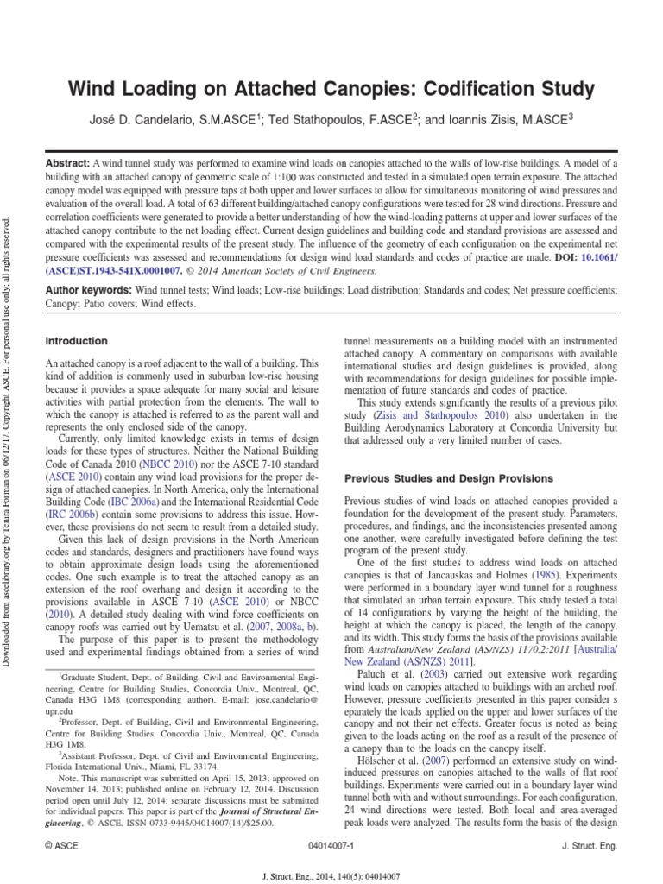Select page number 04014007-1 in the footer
[331, 847]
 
